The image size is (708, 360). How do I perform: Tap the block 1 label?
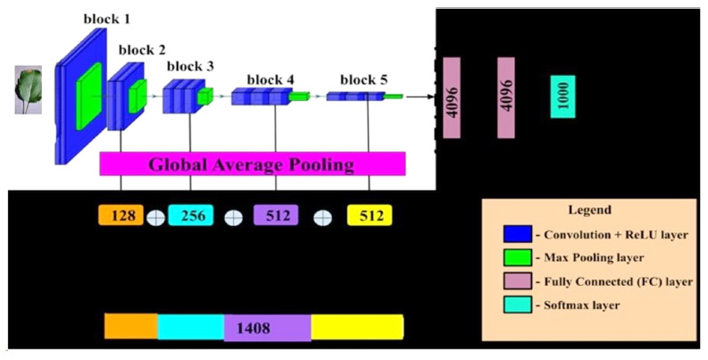[107, 19]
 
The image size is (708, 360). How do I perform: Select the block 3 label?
[190, 65]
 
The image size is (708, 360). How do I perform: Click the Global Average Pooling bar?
[253, 164]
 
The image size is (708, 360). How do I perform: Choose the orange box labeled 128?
[121, 216]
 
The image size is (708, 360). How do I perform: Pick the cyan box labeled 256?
[191, 216]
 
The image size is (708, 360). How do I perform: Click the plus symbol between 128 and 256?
[155, 217]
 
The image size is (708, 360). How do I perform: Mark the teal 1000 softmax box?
[562, 96]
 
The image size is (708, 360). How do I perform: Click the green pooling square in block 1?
[91, 99]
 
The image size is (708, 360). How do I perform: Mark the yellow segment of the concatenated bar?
[357, 327]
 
